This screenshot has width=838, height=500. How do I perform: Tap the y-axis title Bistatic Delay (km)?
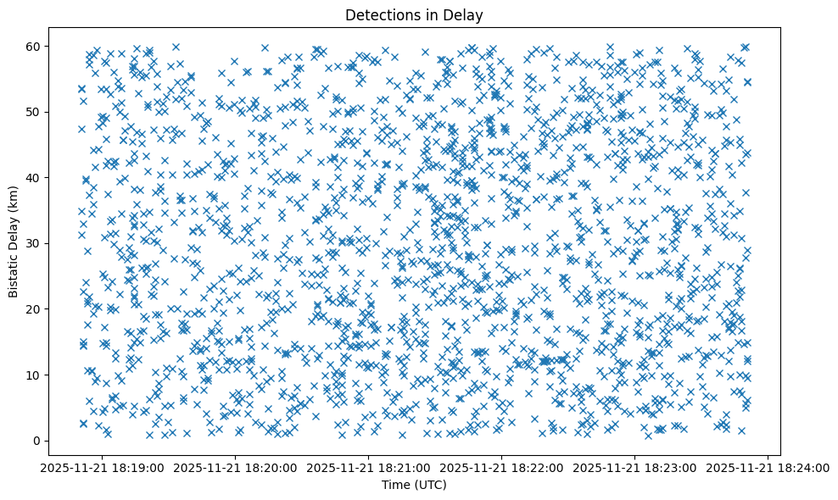tap(14, 241)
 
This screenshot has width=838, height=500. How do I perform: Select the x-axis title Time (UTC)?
tap(415, 486)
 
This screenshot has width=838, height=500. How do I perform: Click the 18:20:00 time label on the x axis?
tap(237, 467)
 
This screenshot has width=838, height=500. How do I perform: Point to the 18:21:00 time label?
tap(370, 467)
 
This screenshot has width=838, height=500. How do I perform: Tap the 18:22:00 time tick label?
tap(502, 467)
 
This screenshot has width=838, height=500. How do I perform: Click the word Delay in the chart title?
tap(466, 14)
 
